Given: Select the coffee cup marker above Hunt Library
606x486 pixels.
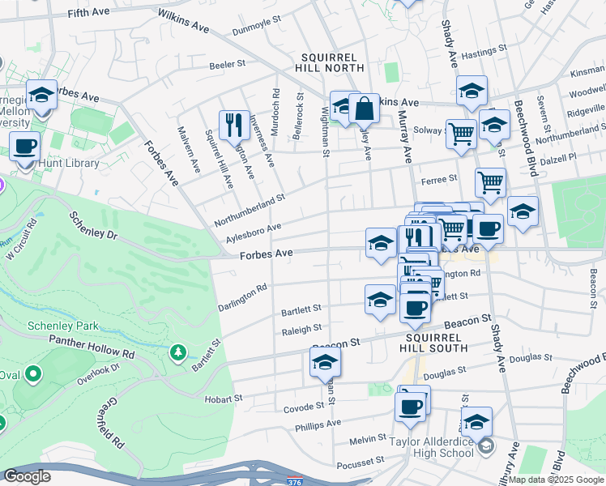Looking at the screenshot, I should [25, 147].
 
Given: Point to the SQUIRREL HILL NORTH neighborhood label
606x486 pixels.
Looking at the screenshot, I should [333, 63].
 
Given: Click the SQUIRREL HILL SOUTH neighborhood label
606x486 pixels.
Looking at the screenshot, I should [433, 342].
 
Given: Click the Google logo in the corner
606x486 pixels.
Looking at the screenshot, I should [27, 476].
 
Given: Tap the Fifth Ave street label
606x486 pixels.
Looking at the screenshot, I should [88, 14].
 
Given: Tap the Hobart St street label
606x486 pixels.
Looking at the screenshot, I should [224, 399].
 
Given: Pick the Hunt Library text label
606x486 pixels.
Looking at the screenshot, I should [69, 163].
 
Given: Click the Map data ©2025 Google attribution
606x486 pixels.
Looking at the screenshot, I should [556, 480].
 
